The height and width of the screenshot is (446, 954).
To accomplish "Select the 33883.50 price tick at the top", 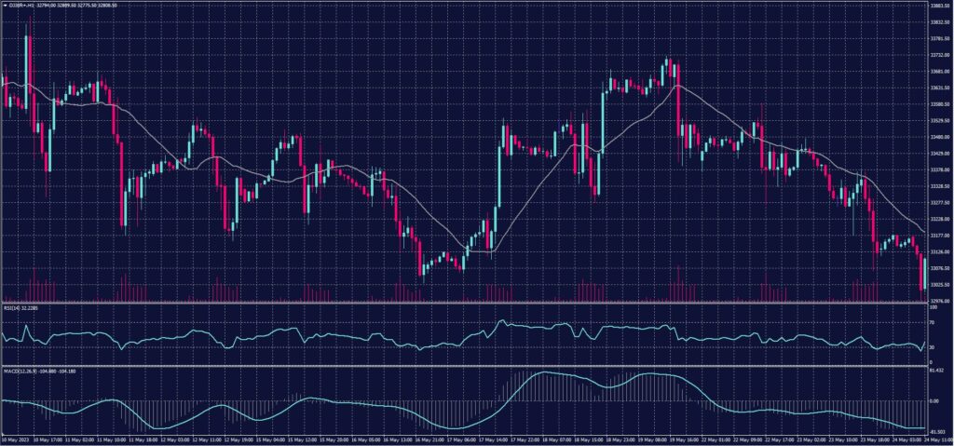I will (x=939, y=7).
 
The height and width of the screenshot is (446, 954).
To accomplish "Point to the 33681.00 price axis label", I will (x=939, y=72).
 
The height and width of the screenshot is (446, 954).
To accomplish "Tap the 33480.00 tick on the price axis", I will (x=939, y=137).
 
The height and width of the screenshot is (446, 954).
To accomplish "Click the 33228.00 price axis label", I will (x=939, y=219).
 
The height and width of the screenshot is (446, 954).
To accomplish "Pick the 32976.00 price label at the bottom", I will (x=939, y=301).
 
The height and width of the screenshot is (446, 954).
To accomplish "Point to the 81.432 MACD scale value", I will (x=936, y=371).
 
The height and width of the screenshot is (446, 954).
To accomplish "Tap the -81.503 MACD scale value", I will (x=936, y=431).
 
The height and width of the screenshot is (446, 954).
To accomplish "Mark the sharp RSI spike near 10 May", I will (x=27, y=327).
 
